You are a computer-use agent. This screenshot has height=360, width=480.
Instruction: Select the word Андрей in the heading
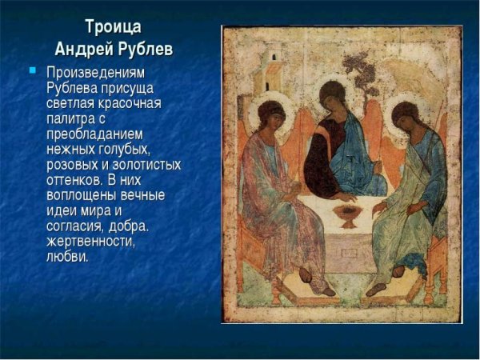tap(84, 48)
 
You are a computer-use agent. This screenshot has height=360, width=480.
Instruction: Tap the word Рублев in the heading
tap(144, 48)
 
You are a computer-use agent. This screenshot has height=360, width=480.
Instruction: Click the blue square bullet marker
tap(33, 70)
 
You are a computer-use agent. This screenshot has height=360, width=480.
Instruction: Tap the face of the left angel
tap(274, 120)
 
